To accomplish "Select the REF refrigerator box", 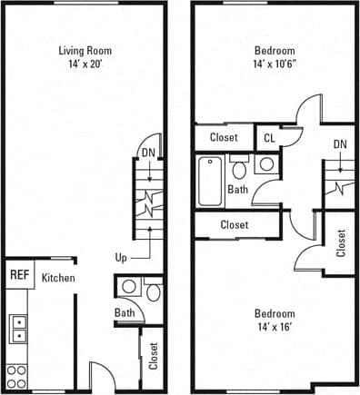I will coord(18,273).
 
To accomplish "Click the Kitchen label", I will coord(58,278).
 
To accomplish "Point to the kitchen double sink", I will coord(18,328).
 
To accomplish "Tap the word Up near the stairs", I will coord(121,257).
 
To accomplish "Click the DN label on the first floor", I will coord(146,153).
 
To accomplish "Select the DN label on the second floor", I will coord(339,144).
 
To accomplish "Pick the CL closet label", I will coord(269,138).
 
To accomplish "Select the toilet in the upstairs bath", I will coord(240,169).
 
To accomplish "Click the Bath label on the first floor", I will coord(125,313).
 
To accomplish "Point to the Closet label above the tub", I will coord(224,138).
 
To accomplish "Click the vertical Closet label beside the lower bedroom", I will coord(341,242).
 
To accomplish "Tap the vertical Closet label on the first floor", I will coord(153,355).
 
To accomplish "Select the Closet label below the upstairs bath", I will coord(234,224).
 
